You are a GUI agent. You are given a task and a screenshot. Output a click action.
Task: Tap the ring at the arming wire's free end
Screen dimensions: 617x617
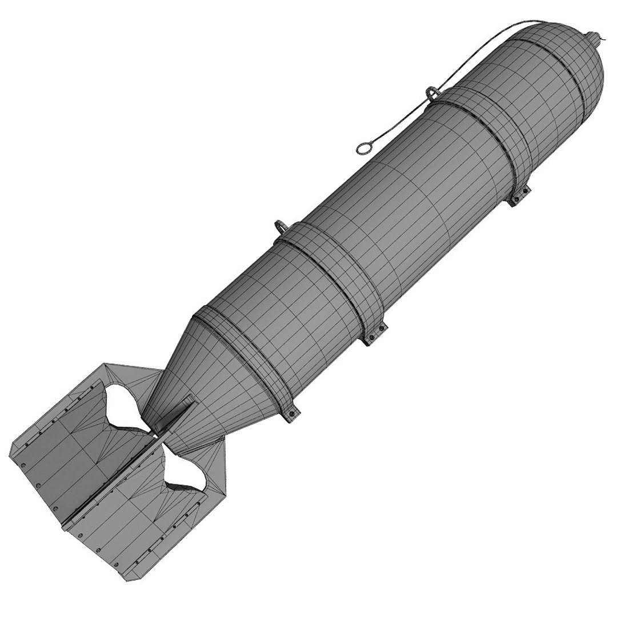click(363, 149)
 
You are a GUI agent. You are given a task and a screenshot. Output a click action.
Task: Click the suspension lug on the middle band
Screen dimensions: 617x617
click(282, 226)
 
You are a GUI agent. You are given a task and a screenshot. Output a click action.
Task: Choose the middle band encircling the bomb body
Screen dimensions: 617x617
click(331, 280)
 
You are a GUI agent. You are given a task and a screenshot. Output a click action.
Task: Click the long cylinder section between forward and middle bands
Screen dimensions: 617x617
click(400, 211)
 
